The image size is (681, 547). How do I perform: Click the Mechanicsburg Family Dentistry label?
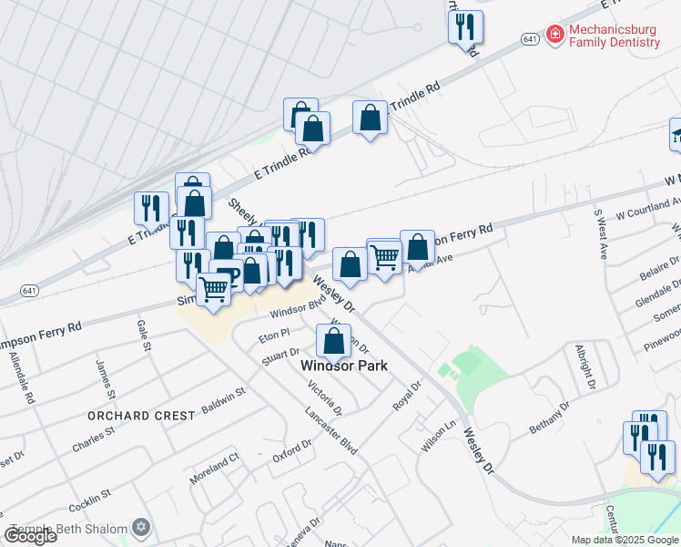pos(615,36)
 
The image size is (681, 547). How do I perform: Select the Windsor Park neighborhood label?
pos(344,366)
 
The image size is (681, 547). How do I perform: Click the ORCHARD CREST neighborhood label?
pos(141,416)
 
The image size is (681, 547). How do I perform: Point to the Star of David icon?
pos(140,526)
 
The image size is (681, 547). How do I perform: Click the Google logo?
pos(29,536)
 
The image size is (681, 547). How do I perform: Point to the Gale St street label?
pos(143,335)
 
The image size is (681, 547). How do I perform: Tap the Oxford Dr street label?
pos(292,450)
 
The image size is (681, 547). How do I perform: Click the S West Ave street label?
pos(600,234)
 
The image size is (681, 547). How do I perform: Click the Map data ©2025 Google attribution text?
pos(625,540)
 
